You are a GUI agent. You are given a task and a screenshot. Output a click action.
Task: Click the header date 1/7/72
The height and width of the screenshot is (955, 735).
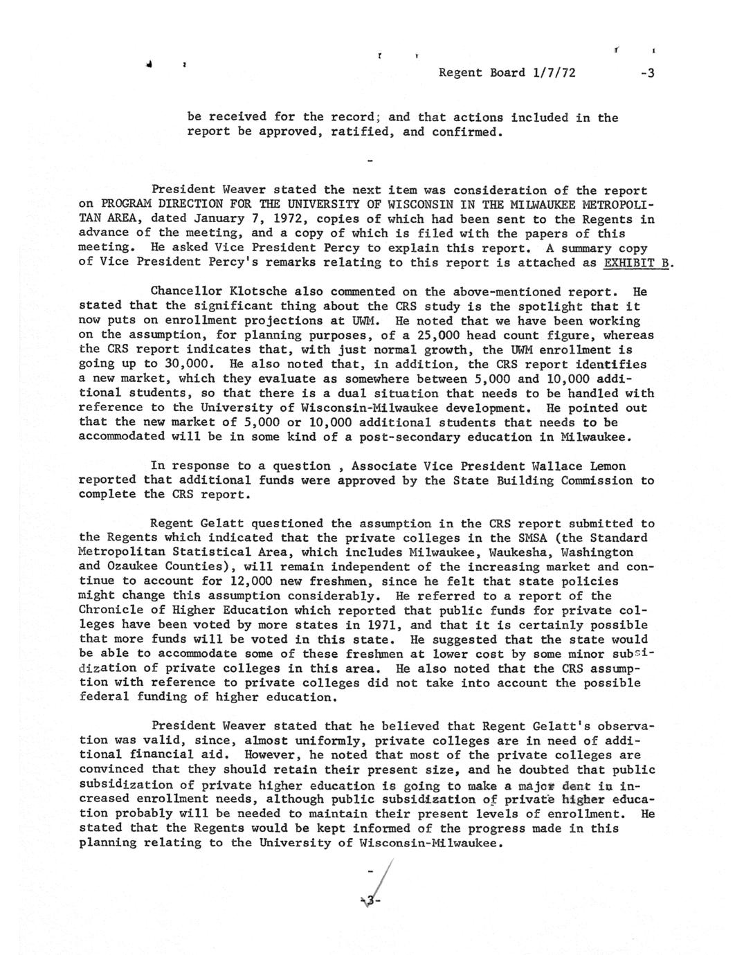click(x=554, y=73)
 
